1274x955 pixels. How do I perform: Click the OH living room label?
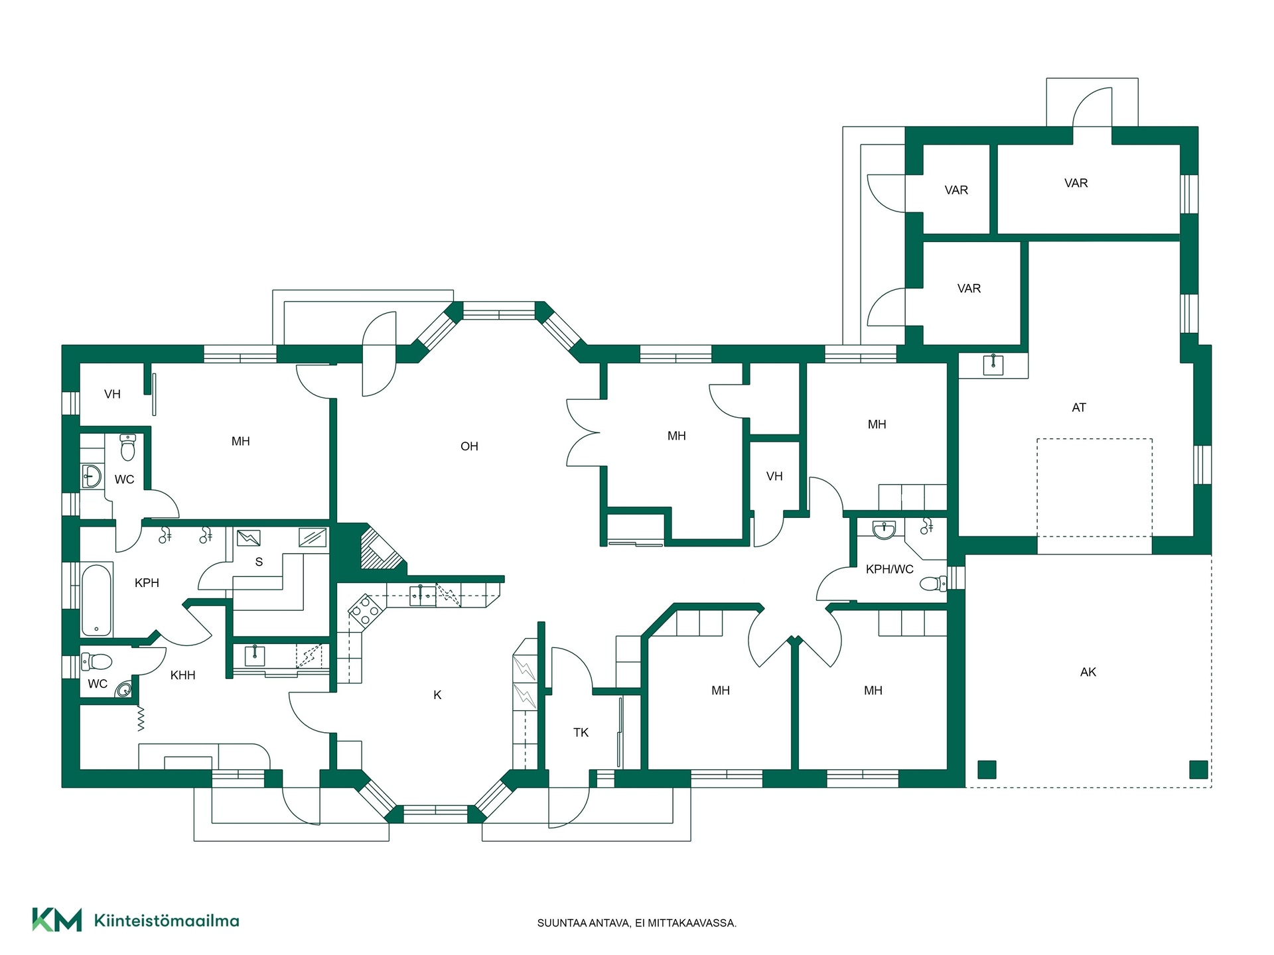pos(469,446)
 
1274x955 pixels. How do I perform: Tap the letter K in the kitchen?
pos(437,695)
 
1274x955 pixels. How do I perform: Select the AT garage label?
pos(1079,408)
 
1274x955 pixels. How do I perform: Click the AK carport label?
pos(1088,672)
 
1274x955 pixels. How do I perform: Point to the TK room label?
pos(581,732)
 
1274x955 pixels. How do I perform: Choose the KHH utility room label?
pos(182,675)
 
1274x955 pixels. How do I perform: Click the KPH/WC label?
pos(889,569)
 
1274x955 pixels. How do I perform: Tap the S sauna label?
pos(259,562)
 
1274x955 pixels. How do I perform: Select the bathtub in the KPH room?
pos(97,600)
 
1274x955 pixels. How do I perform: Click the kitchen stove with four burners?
pos(364,609)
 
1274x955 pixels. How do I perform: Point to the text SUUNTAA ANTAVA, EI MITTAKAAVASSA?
pos(636,923)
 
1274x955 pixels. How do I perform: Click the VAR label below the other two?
pos(969,288)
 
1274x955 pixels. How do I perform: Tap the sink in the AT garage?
pos(993,364)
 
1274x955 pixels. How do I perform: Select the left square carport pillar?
pos(987,769)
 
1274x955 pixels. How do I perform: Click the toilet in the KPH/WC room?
pos(934,584)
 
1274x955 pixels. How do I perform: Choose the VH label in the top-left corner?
pos(112,394)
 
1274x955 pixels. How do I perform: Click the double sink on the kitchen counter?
pos(422,596)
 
